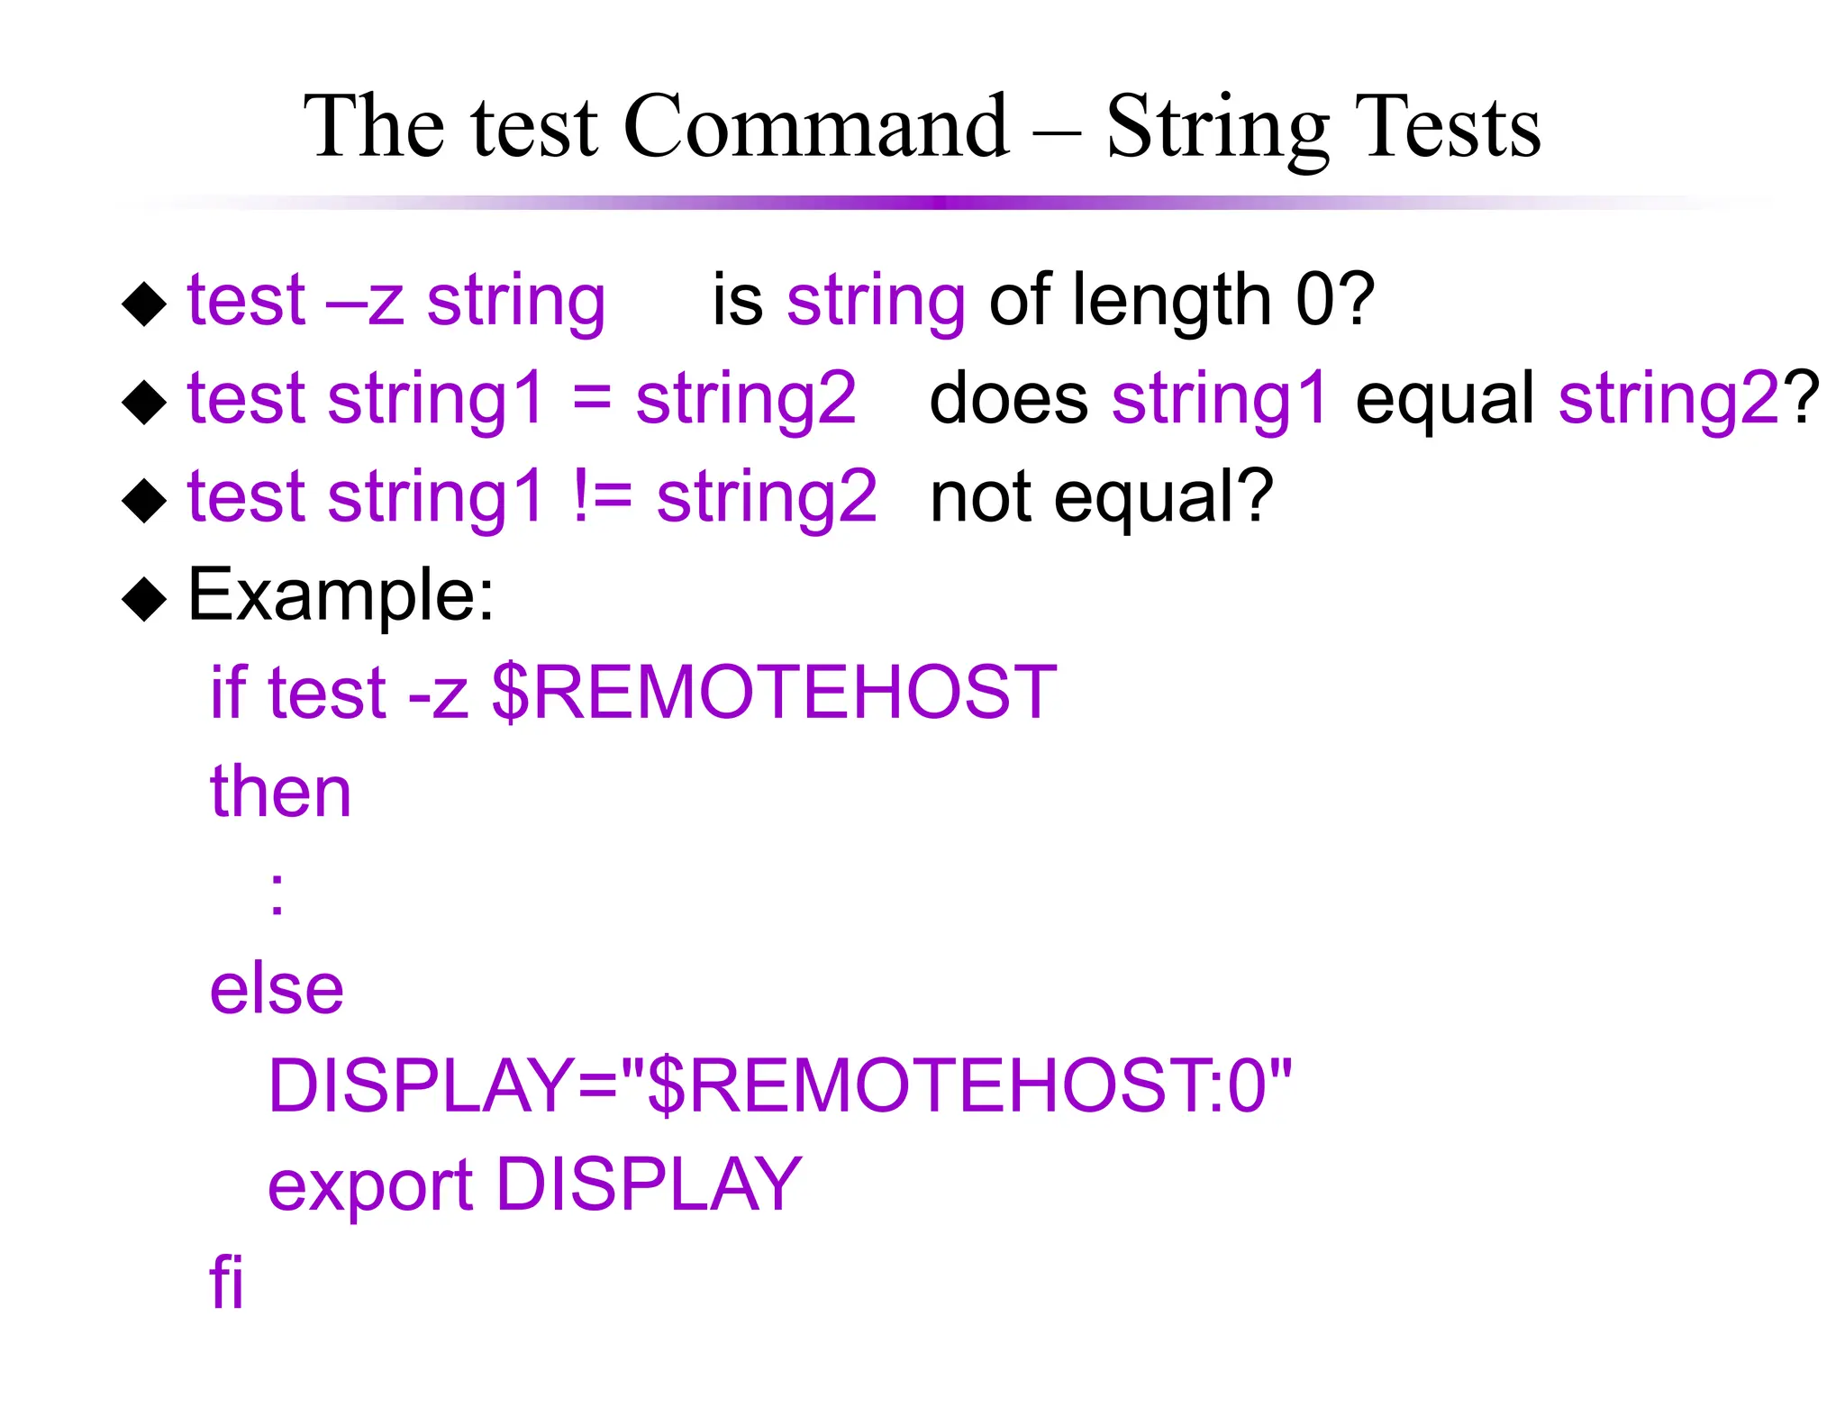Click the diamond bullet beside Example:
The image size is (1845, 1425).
(x=144, y=598)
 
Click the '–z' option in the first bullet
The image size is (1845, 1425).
(x=364, y=301)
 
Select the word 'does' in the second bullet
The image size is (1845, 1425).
(x=1007, y=399)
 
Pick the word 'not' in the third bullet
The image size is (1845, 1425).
(x=980, y=497)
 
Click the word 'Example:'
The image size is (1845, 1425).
(x=341, y=596)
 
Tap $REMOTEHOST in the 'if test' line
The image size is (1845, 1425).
(x=774, y=694)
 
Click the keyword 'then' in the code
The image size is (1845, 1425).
(x=280, y=792)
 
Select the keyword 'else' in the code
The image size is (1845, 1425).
(x=277, y=989)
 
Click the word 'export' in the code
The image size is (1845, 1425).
(x=369, y=1185)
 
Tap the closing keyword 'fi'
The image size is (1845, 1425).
(x=226, y=1281)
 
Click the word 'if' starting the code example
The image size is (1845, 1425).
(x=227, y=694)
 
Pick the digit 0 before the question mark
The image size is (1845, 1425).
(x=1315, y=301)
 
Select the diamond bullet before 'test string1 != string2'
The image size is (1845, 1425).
(x=144, y=500)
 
